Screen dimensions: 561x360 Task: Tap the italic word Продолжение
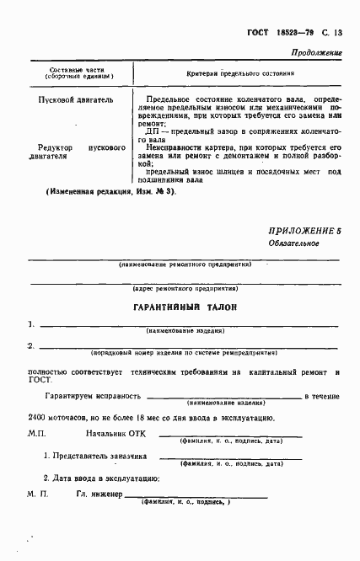pyautogui.click(x=316, y=52)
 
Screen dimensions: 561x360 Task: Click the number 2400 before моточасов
pyautogui.click(x=36, y=417)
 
